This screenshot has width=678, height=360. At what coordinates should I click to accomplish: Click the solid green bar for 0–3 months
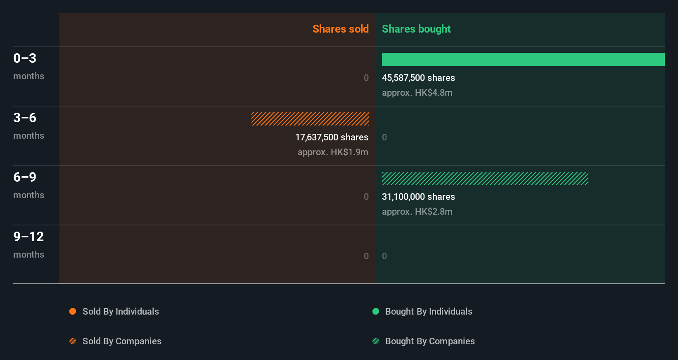523,59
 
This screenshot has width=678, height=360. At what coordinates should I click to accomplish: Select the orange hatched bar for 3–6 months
310,119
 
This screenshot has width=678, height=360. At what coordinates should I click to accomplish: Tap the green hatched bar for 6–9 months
485,178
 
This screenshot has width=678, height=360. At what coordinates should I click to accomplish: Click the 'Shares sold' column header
340,29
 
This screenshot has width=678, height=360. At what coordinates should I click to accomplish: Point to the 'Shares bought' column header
416,29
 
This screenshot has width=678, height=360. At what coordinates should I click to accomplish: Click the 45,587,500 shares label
418,78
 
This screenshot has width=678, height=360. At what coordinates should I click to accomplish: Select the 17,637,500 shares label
332,137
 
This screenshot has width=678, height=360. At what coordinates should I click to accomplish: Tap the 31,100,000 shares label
418,197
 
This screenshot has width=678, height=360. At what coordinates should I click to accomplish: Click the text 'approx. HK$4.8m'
417,92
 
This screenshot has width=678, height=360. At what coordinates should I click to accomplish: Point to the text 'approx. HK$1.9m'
333,152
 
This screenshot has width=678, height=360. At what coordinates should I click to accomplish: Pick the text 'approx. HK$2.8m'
417,211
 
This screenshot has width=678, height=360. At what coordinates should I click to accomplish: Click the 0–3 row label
25,58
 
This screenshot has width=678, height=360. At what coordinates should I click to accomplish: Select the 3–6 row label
25,118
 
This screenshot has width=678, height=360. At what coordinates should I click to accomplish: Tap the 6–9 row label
25,177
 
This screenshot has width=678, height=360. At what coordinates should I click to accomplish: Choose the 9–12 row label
28,237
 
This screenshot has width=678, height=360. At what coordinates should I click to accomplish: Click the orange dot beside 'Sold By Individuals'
73,311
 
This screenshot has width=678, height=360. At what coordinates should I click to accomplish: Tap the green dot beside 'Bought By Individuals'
376,311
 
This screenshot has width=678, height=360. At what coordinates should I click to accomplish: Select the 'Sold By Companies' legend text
122,341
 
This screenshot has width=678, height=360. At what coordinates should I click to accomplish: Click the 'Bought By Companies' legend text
430,341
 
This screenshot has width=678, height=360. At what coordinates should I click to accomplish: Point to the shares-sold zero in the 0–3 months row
366,78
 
